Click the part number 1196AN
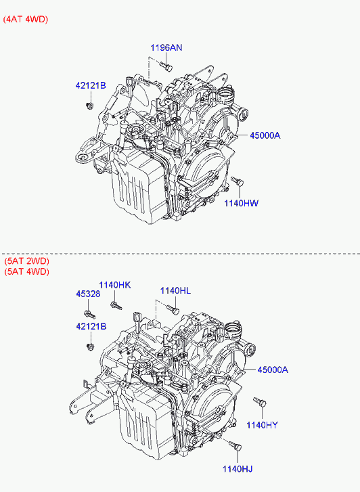pyautogui.click(x=166, y=47)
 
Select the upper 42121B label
pyautogui.click(x=91, y=85)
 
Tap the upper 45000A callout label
pyautogui.click(x=265, y=135)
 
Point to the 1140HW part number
pyautogui.click(x=241, y=203)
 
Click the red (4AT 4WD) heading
pyautogui.click(x=26, y=20)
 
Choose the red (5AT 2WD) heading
pyautogui.click(x=26, y=261)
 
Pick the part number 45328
pyautogui.click(x=88, y=294)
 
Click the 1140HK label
pyautogui.click(x=115, y=285)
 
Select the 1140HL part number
pyautogui.click(x=175, y=291)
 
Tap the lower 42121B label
pyautogui.click(x=91, y=327)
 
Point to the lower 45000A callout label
pyautogui.click(x=273, y=370)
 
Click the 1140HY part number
pyautogui.click(x=262, y=425)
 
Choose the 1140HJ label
pyautogui.click(x=238, y=469)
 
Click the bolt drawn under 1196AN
pyautogui.click(x=166, y=66)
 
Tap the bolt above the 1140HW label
pyautogui.click(x=238, y=181)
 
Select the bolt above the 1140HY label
pyautogui.click(x=260, y=401)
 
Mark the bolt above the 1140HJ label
pyautogui.click(x=235, y=445)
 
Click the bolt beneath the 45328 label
pyautogui.click(x=90, y=314)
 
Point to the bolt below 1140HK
pyautogui.click(x=116, y=305)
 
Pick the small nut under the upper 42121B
pyautogui.click(x=89, y=106)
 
